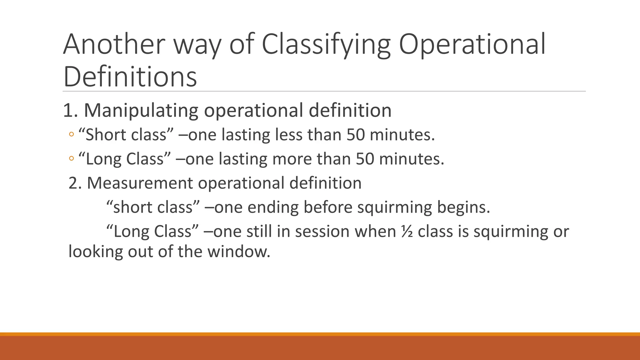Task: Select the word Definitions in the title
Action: point(130,77)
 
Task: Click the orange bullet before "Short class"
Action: point(71,135)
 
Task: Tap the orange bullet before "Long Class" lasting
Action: point(71,159)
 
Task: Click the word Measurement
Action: point(139,183)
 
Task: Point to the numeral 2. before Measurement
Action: point(75,183)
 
